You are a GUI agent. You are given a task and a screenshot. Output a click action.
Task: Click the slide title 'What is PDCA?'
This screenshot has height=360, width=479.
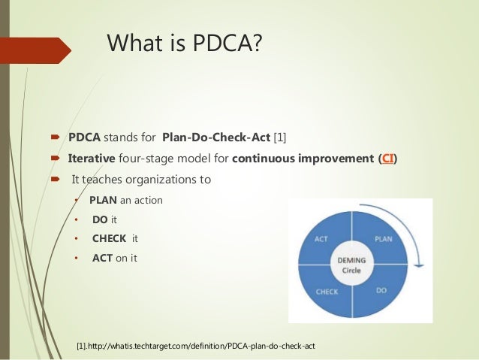(185, 44)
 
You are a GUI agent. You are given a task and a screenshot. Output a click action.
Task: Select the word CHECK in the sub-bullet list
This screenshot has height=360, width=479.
(110, 239)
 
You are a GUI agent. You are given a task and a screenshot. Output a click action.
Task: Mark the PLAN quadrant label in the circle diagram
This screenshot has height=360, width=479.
(384, 238)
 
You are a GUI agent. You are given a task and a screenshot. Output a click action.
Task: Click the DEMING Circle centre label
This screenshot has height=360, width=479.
(352, 265)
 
